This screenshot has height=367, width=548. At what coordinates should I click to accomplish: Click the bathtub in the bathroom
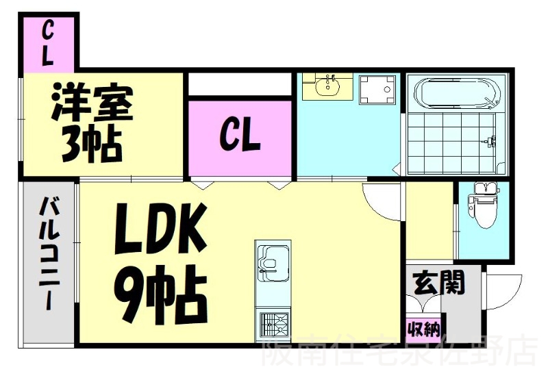click(x=455, y=93)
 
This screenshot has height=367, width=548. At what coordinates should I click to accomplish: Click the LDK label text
click(x=161, y=231)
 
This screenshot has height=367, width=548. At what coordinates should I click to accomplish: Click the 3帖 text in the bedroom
click(x=90, y=142)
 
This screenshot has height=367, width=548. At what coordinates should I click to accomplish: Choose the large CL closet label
click(x=239, y=136)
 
